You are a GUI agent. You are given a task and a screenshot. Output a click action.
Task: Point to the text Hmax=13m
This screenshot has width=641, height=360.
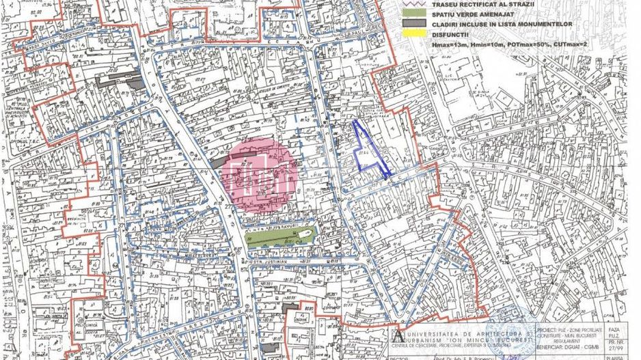click(x=448, y=44)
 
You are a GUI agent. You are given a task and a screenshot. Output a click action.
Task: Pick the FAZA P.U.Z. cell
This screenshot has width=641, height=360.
click(x=614, y=331)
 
